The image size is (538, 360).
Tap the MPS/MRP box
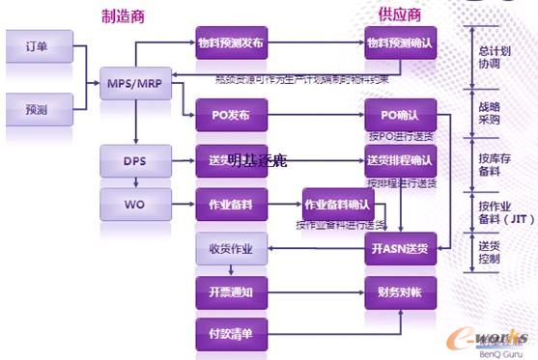(x=134, y=82)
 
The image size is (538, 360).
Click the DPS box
(x=134, y=159)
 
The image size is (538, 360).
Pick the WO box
(x=134, y=205)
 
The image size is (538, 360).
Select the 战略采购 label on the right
(x=489, y=115)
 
